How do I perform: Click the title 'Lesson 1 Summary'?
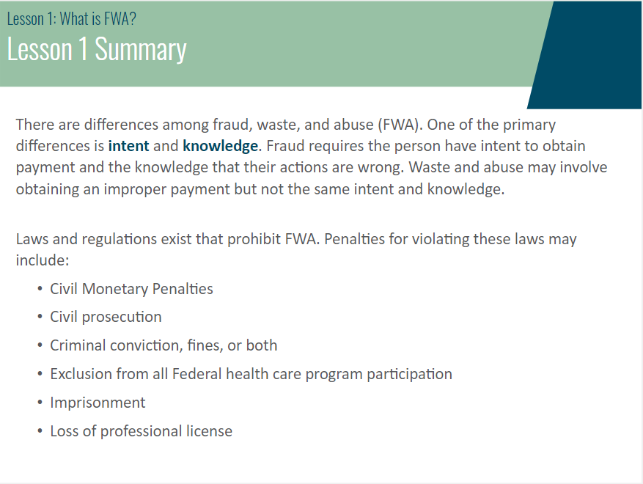pos(97,50)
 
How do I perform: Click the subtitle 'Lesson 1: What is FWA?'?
pos(71,19)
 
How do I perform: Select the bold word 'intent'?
pos(128,146)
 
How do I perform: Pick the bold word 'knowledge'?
pos(220,147)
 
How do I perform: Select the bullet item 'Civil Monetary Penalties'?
pos(131,289)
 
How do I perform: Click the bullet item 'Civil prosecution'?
pos(106,317)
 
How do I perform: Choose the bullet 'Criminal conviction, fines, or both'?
pos(163,345)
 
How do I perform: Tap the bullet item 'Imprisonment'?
pos(98,403)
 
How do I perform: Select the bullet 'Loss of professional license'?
pos(141,431)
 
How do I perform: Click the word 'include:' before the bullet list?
pos(43,260)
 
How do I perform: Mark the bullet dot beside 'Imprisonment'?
pos(40,403)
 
